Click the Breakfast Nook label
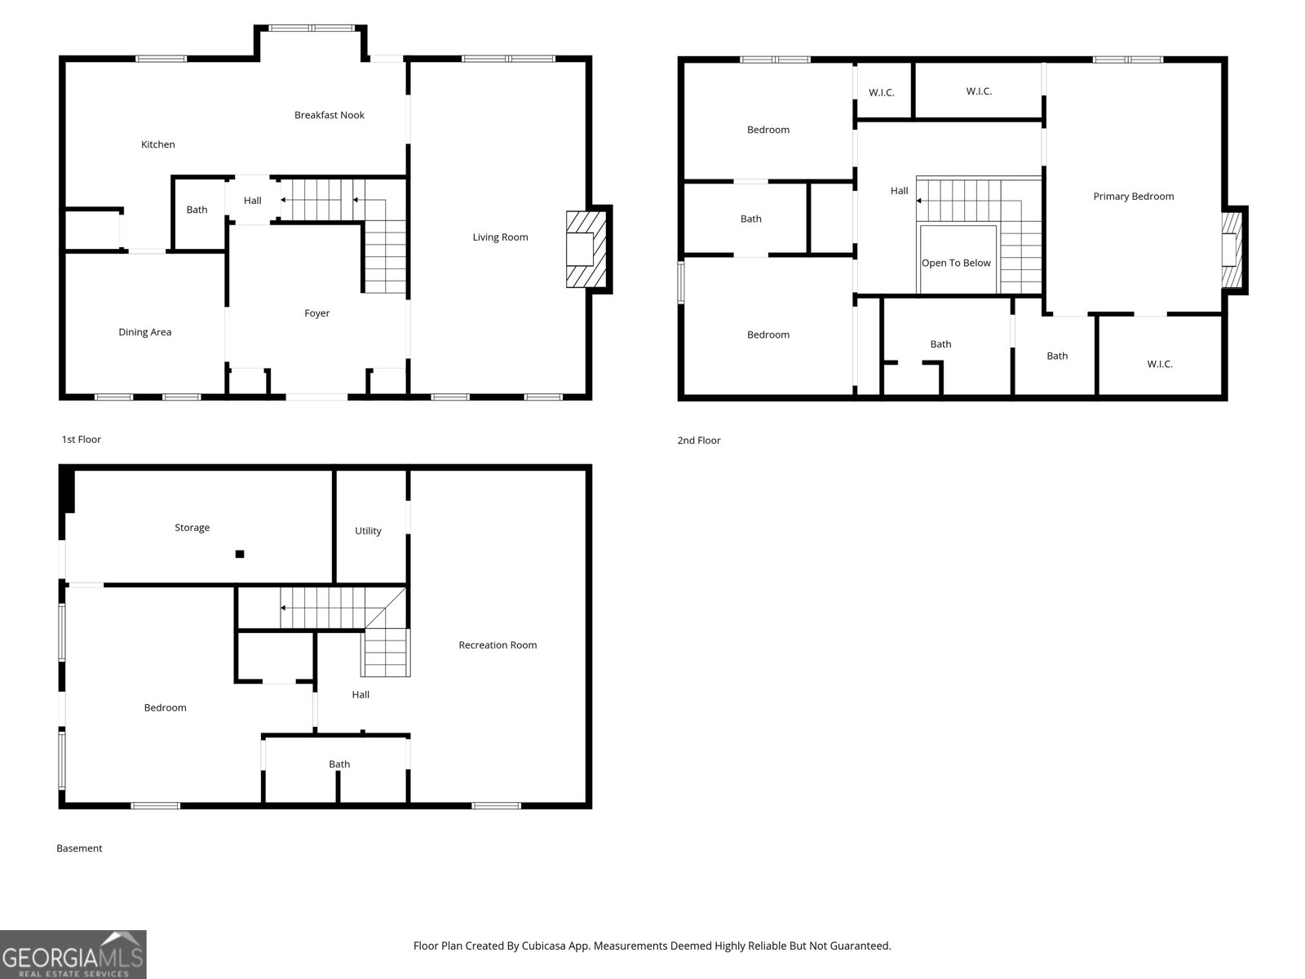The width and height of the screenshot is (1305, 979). click(x=330, y=115)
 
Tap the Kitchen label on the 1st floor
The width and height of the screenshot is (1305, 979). click(x=157, y=144)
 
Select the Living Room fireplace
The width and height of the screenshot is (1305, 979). click(x=586, y=249)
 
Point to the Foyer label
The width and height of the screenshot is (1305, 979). click(x=317, y=313)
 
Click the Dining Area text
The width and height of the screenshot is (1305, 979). click(x=144, y=332)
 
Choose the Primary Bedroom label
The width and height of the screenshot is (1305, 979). click(x=1133, y=197)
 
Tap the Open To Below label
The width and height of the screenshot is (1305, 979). click(x=956, y=263)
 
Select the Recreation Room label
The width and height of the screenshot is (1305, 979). click(x=498, y=645)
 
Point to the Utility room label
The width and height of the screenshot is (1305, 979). click(x=368, y=531)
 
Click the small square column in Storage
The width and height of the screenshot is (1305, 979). click(x=240, y=554)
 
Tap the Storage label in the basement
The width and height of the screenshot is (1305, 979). click(x=192, y=528)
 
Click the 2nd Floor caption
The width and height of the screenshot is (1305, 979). click(x=698, y=441)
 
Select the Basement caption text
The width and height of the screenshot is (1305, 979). click(x=79, y=848)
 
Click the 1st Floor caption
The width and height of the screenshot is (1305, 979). click(x=82, y=439)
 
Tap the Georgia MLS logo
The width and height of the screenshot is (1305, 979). click(x=73, y=954)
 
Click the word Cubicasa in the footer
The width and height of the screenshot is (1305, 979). click(x=543, y=946)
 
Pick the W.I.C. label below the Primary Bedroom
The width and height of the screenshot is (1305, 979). click(x=1159, y=365)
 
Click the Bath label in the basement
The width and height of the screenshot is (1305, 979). click(x=338, y=764)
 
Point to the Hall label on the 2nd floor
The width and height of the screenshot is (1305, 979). click(x=899, y=191)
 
